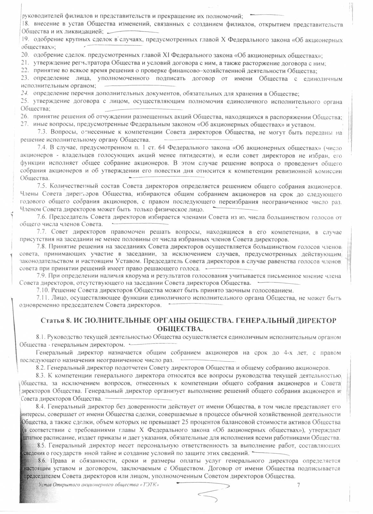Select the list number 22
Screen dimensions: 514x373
tap(25, 71)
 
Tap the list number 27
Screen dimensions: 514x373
tap(25, 125)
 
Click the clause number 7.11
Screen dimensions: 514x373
tap(44, 298)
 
